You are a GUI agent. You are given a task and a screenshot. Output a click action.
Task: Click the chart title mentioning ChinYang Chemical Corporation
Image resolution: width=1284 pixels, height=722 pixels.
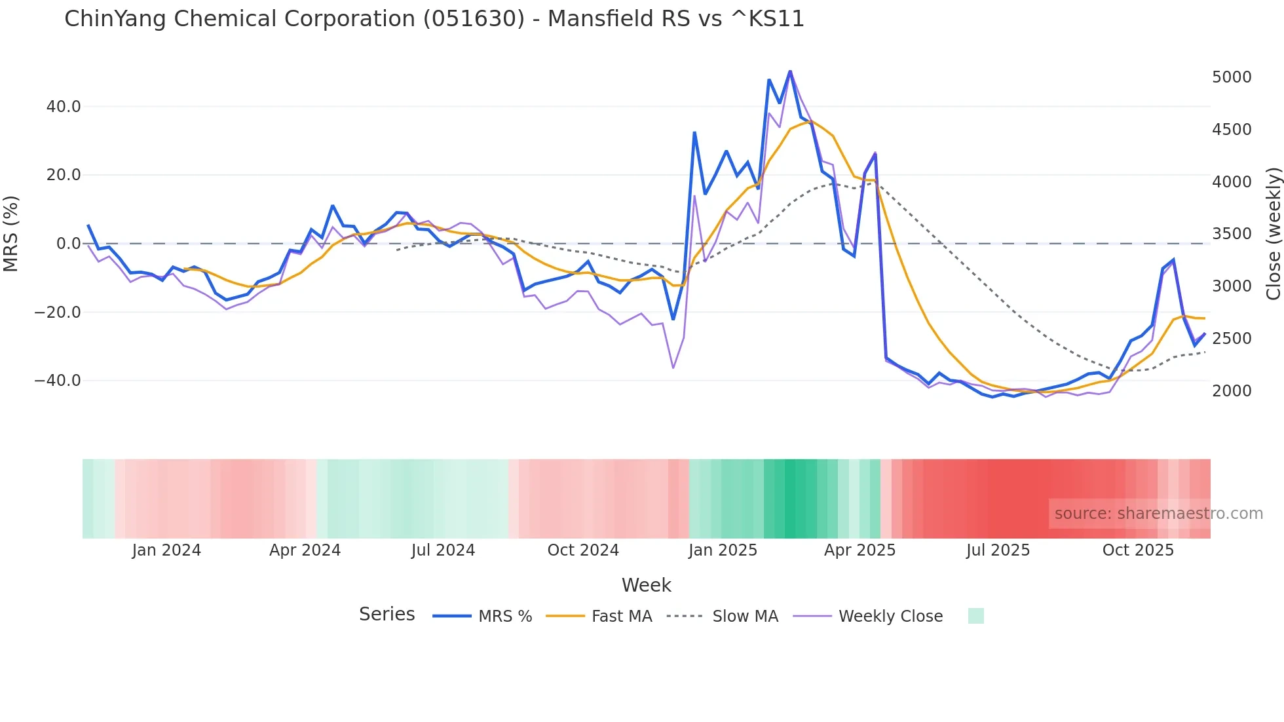click(434, 19)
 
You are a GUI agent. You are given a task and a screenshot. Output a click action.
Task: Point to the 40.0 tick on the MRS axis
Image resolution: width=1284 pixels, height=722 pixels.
click(64, 106)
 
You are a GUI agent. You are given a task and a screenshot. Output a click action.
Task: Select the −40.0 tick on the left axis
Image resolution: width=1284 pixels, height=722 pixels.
click(58, 381)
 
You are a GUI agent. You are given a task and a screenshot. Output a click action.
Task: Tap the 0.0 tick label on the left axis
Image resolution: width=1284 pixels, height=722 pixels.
click(68, 244)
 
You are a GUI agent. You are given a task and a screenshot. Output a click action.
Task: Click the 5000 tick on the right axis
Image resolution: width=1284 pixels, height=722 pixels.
click(1232, 77)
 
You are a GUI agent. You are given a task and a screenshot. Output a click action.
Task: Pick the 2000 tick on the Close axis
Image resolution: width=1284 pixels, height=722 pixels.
click(1232, 391)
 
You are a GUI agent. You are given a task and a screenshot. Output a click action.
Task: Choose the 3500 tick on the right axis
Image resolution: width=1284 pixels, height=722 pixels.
click(1232, 234)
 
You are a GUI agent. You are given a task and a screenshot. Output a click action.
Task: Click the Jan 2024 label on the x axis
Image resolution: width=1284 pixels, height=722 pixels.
click(166, 550)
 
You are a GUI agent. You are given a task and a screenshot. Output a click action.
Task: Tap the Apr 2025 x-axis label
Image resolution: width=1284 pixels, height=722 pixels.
click(859, 550)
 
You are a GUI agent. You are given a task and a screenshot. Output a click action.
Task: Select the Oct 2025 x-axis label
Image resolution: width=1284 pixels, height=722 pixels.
click(1138, 550)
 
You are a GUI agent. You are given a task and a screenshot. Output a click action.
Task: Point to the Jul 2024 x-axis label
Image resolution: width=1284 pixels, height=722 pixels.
click(443, 550)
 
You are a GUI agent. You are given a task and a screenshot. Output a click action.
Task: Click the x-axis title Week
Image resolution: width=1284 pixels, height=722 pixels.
click(646, 585)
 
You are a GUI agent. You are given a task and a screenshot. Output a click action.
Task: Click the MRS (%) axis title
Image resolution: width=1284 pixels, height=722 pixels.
click(11, 233)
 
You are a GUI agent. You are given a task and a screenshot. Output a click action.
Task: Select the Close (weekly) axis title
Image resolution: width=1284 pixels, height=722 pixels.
click(1273, 233)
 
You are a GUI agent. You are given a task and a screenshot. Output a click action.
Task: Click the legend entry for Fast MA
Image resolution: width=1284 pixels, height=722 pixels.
click(621, 617)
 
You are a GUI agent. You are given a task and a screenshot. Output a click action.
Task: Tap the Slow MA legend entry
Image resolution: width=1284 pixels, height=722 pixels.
click(745, 617)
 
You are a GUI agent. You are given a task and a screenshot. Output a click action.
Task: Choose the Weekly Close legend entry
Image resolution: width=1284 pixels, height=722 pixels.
click(890, 617)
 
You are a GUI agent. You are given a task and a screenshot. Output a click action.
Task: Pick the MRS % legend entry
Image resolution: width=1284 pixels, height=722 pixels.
click(504, 617)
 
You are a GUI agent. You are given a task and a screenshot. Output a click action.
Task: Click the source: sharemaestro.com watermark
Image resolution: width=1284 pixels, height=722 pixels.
click(1158, 514)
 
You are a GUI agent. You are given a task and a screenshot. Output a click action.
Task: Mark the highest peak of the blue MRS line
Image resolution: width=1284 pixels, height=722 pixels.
click(790, 71)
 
